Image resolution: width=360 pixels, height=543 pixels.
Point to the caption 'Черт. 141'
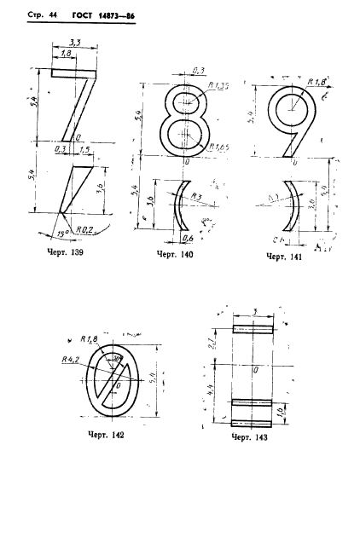[x=285, y=256]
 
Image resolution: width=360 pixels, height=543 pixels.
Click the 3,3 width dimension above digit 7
[x=74, y=42]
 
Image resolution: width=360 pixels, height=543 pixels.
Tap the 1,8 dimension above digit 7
[x=66, y=54]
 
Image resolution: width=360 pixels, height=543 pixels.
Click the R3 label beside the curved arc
[x=196, y=196]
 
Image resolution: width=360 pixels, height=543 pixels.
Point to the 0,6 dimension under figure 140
[x=185, y=238]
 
